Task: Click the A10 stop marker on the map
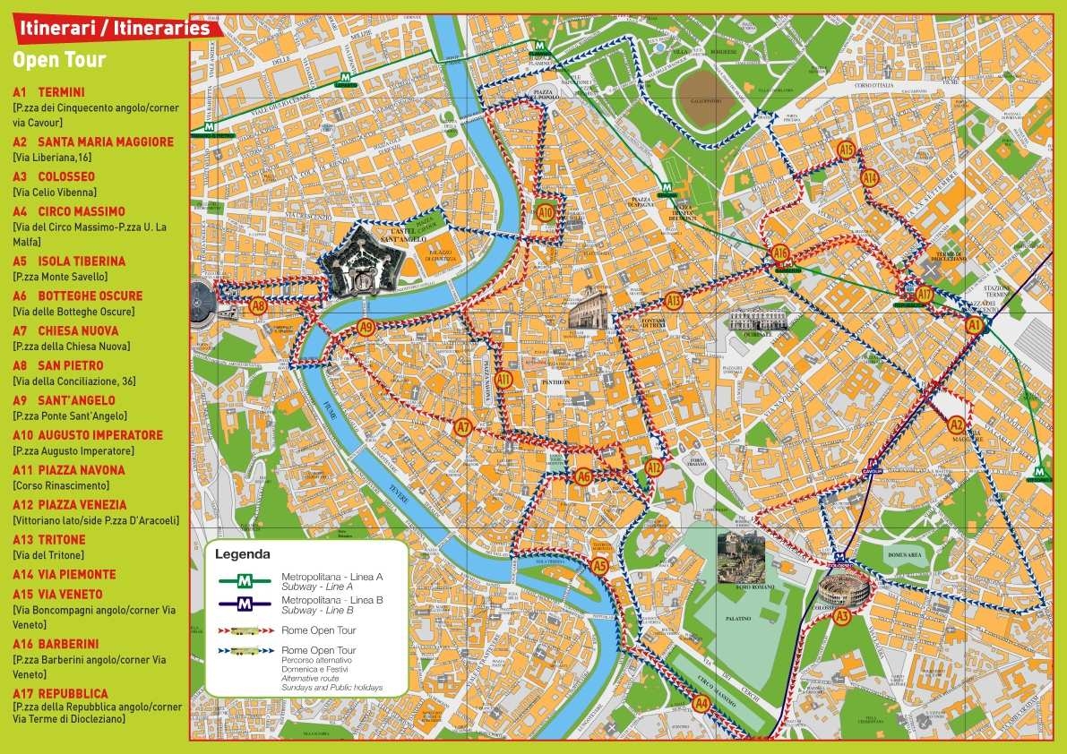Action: [x=546, y=212]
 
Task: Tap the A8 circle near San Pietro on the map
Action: [x=258, y=306]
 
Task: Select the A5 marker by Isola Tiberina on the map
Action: [x=599, y=565]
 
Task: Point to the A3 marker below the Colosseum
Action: [x=841, y=615]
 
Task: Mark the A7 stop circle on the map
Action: [x=462, y=427]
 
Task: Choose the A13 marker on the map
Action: [x=674, y=301]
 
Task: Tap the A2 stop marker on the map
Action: [x=956, y=425]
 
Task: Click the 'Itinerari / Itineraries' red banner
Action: [x=112, y=28]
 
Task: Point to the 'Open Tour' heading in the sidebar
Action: [x=59, y=61]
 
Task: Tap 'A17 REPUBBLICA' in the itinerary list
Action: [x=60, y=693]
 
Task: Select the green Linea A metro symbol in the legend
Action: [x=245, y=580]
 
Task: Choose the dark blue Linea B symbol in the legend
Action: [x=245, y=604]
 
